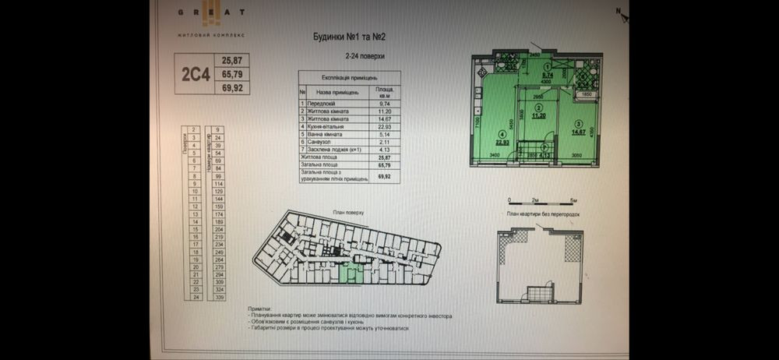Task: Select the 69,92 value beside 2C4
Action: point(232,89)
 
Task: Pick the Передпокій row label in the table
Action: point(323,103)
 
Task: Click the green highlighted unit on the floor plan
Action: point(351,273)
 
